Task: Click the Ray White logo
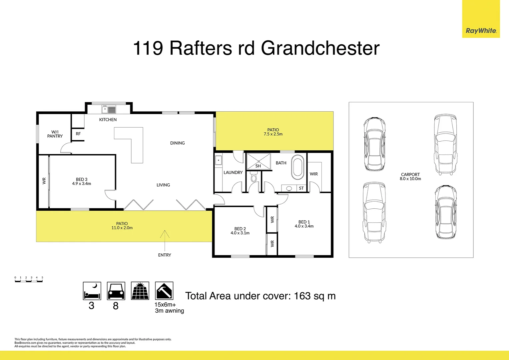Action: tap(481, 31)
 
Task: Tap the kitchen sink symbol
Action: tap(109, 109)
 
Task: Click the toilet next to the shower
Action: tap(254, 177)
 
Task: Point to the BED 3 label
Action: tap(82, 181)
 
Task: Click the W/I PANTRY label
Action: tap(55, 134)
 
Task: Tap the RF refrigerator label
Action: tap(78, 134)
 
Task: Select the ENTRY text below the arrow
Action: tap(165, 255)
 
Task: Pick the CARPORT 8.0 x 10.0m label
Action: tap(410, 177)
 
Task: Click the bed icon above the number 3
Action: tap(92, 291)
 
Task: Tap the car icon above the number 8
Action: tap(116, 291)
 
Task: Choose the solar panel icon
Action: tap(140, 291)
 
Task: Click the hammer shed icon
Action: tap(164, 291)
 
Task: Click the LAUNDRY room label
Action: tap(233, 172)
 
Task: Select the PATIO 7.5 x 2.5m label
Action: tap(273, 132)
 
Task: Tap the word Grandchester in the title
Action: tap(320, 48)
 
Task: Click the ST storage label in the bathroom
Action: tap(301, 188)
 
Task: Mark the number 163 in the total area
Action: tap(302, 296)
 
